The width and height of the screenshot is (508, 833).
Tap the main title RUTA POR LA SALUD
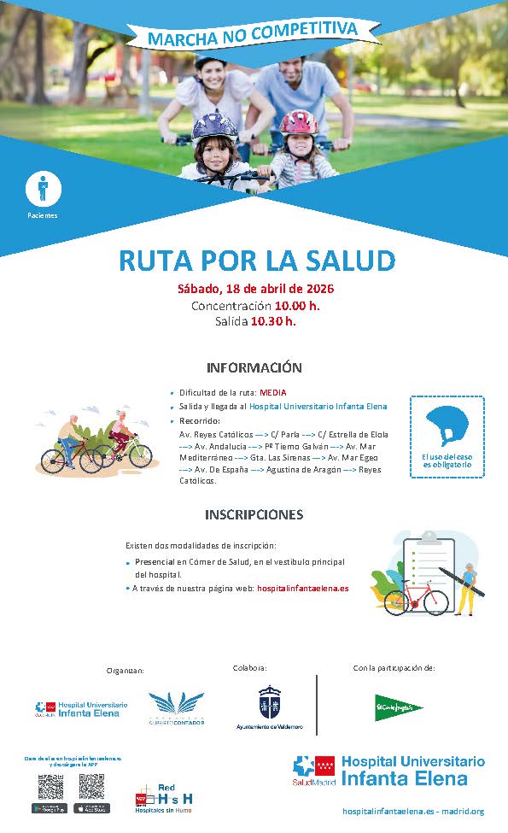tap(256, 260)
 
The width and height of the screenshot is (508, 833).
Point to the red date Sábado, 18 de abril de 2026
tap(255, 288)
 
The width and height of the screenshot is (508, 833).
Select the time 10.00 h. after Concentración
tap(297, 305)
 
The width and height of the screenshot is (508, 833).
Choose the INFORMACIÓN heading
tap(254, 367)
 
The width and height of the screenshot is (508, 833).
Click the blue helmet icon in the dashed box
tap(447, 425)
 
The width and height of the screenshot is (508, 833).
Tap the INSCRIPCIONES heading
tap(254, 514)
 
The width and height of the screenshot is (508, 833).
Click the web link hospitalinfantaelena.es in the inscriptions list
tap(302, 588)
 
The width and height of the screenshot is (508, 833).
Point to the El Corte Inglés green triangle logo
tap(398, 707)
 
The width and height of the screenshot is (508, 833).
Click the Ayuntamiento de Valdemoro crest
tap(269, 702)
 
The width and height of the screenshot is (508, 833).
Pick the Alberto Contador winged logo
tap(177, 705)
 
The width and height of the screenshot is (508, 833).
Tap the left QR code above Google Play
tap(50, 787)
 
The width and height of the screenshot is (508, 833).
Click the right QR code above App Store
tap(91, 787)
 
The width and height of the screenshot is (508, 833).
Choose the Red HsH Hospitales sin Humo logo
tap(164, 799)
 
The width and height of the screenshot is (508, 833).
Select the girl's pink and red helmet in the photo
tap(298, 122)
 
